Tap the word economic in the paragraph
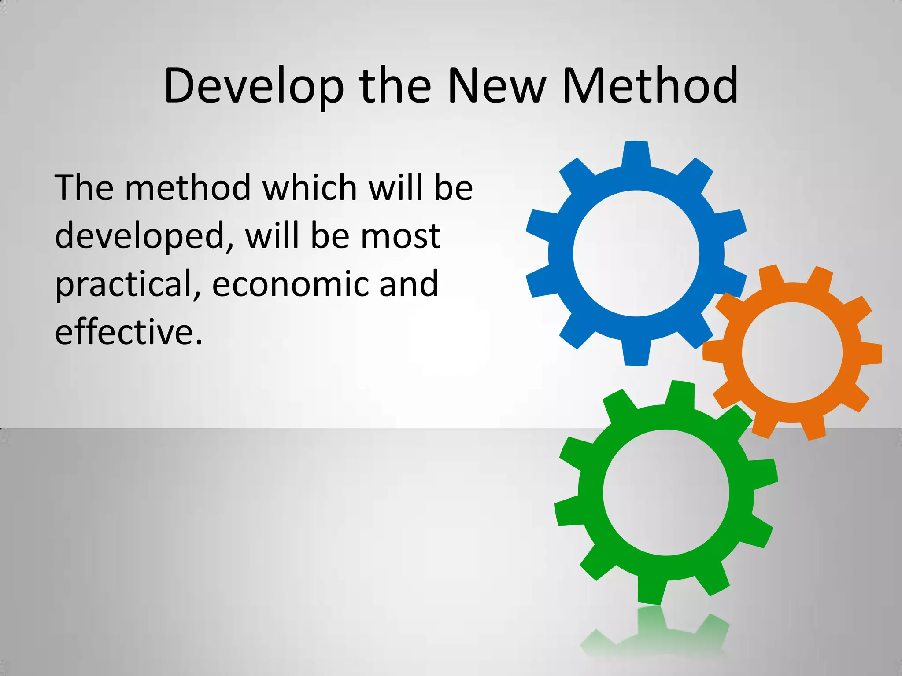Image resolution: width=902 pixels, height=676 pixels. [x=290, y=284]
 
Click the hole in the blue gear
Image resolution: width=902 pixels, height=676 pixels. [x=636, y=253]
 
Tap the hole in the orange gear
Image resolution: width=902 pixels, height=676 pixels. [x=792, y=353]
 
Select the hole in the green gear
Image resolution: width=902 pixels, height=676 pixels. [x=665, y=492]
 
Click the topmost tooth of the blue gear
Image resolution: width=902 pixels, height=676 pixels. [x=636, y=154]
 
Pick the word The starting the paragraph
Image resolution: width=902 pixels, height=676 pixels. [x=84, y=188]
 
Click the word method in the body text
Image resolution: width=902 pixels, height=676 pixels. [x=188, y=188]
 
